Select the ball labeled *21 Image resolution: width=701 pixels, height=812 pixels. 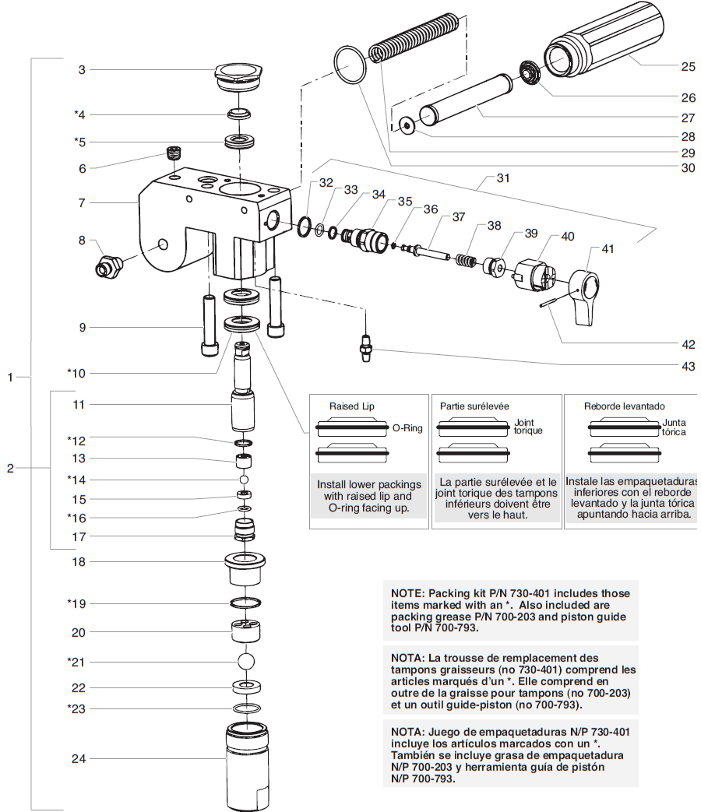pyautogui.click(x=246, y=662)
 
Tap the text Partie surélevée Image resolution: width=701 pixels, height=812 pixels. pyautogui.click(x=474, y=406)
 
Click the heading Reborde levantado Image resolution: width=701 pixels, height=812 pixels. pyautogui.click(x=624, y=406)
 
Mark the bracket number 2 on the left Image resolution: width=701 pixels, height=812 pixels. pyautogui.click(x=10, y=469)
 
